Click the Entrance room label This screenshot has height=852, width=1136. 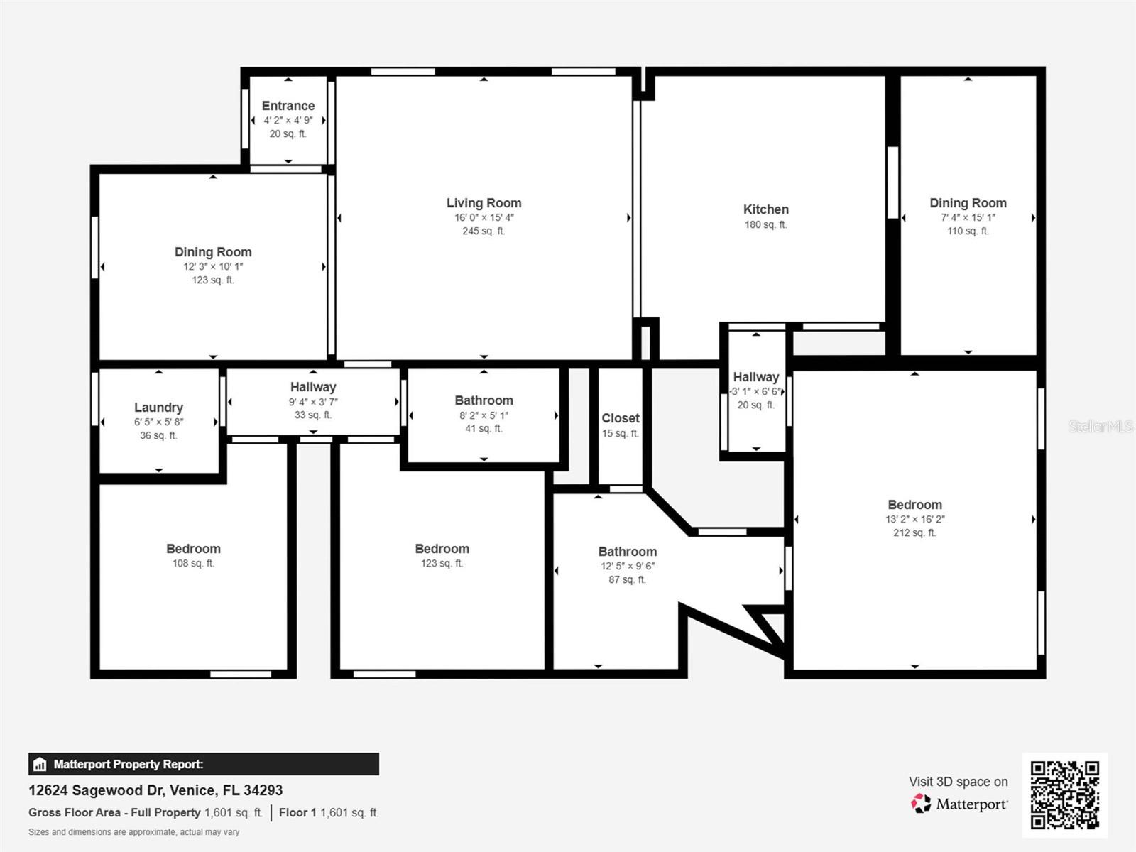tap(288, 106)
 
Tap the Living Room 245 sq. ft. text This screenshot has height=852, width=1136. tap(484, 231)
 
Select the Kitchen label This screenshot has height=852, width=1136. tap(765, 209)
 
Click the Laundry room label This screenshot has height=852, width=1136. tap(158, 408)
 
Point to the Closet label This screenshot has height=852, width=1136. tap(621, 418)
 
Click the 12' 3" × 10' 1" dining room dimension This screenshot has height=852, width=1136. tap(213, 267)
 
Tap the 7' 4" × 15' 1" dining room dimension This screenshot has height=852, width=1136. tap(968, 218)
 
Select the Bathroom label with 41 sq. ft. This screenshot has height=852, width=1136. tap(484, 400)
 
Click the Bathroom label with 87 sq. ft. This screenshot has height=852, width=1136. tap(627, 552)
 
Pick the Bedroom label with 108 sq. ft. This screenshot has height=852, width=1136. tap(193, 549)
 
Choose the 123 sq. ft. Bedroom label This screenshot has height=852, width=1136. tap(442, 549)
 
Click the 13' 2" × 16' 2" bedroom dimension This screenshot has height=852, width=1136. tap(914, 520)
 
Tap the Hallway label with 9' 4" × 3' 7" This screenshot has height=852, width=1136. tap(312, 387)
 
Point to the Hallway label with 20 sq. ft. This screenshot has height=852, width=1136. tap(755, 377)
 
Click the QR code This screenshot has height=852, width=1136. tap(1064, 794)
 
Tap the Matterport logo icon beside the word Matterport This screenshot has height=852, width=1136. tap(921, 804)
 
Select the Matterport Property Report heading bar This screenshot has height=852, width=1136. tap(203, 764)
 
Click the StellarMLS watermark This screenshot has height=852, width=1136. tap(1100, 427)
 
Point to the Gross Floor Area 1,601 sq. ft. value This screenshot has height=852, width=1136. tap(234, 813)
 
